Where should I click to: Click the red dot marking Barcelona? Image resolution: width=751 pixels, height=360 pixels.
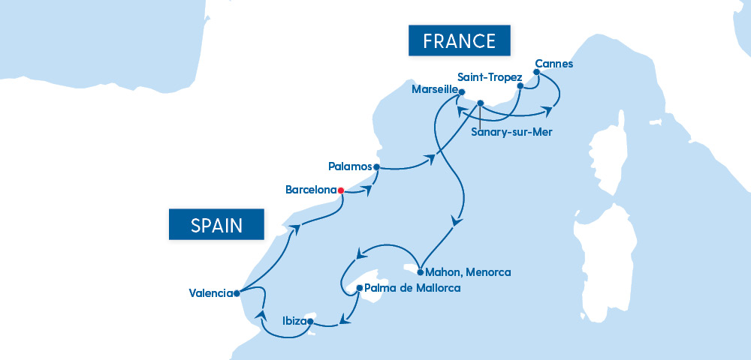(341, 190)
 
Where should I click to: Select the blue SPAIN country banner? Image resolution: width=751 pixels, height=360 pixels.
(216, 224)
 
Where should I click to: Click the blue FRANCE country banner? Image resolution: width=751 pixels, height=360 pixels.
(459, 40)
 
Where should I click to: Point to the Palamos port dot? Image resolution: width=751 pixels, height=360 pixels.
(376, 166)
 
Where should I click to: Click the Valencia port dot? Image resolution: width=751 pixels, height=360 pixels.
(236, 293)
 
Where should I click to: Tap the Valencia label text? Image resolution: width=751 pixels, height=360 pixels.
(210, 293)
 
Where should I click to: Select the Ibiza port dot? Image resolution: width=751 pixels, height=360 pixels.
(310, 321)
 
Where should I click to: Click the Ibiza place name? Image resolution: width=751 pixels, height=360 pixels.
(294, 321)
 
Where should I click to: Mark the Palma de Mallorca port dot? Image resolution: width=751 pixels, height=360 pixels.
(360, 287)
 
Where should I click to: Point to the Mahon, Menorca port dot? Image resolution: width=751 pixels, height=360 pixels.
(420, 272)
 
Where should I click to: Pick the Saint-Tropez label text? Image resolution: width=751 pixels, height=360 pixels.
(489, 77)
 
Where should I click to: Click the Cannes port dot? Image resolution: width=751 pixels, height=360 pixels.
(536, 73)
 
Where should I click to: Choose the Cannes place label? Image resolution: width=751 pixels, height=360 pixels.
(553, 64)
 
